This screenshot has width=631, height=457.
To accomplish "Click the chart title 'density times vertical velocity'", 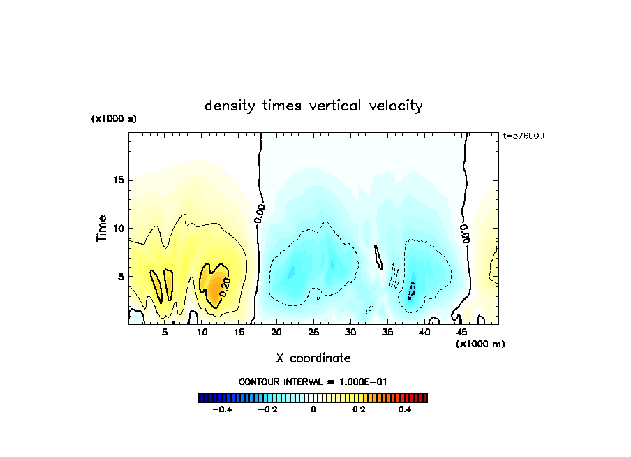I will coord(313,106).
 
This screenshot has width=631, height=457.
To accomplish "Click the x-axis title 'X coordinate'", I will coord(313,358).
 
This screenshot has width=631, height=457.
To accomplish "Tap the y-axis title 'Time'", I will coord(102,228).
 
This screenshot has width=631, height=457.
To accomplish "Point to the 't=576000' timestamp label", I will coord(524,136).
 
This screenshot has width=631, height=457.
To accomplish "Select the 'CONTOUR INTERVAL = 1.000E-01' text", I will coord(313,382).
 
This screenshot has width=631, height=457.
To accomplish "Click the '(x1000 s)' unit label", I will coord(114,119).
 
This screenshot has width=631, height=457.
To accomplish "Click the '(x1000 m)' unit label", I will coord(480,344).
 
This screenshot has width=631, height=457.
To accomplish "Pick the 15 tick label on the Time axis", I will coord(118,180).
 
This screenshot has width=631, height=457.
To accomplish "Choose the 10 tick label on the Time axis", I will coord(118,228).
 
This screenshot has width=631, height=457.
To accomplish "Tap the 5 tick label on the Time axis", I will coord(121,277).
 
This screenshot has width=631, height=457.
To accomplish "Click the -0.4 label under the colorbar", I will coord(221,410).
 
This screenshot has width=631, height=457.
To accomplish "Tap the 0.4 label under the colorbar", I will coord(405,410).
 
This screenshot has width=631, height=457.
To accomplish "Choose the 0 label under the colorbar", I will coord(313,410).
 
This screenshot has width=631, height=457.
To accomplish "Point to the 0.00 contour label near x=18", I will coord(259,212).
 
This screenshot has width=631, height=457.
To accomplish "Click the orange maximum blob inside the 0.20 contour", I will coord(218,284).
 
